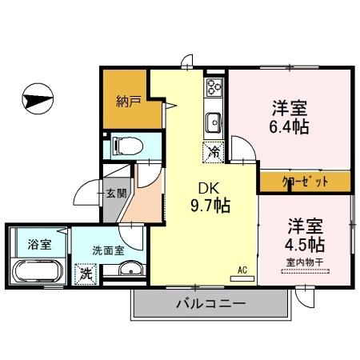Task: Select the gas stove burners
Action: [x=215, y=87]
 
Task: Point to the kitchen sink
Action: [x=214, y=122]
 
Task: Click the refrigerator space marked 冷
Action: [x=214, y=150]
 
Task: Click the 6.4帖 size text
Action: [x=290, y=126]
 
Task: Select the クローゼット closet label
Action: [x=305, y=182]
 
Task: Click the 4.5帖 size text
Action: [x=305, y=244]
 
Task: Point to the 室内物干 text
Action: [x=305, y=262]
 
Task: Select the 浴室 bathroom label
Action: [x=38, y=243]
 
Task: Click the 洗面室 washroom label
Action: [x=109, y=250]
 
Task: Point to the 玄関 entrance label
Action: [x=116, y=193]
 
